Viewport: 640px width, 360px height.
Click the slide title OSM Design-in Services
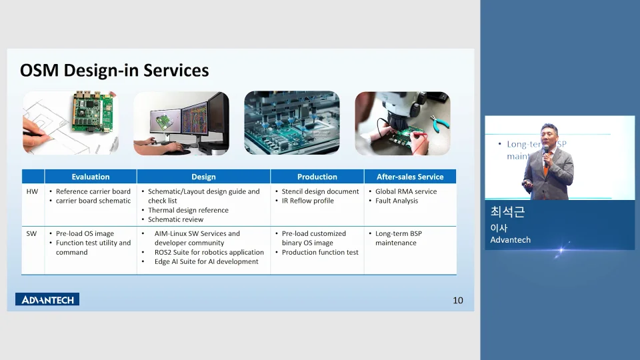(x=114, y=71)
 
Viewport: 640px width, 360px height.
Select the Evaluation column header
(x=91, y=177)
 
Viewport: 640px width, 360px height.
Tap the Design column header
(x=203, y=177)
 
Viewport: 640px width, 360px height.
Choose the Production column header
(x=317, y=177)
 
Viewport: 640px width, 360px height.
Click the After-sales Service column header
(x=410, y=177)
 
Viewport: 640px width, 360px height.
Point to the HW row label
(x=33, y=191)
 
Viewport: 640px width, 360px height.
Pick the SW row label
(x=33, y=234)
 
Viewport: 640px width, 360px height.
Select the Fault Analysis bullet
(x=396, y=201)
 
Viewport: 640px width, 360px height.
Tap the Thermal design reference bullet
(x=188, y=210)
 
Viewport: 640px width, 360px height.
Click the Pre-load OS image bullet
(x=85, y=234)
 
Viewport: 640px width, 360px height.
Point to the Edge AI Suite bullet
(x=206, y=262)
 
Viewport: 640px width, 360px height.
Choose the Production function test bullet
(x=320, y=253)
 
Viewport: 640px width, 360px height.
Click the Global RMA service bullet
(x=406, y=191)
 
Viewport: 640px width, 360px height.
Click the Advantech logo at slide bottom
(x=47, y=299)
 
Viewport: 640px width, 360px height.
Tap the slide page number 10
(x=457, y=301)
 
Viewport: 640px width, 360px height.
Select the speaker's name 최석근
(x=507, y=213)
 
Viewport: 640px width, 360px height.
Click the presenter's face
(x=547, y=133)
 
